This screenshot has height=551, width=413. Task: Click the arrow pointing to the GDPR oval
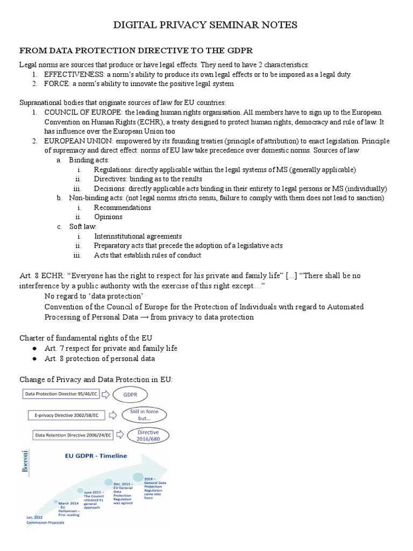tap(106, 394)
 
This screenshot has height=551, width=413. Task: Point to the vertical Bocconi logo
tap(24, 462)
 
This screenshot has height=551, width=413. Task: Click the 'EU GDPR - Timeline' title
tap(96, 456)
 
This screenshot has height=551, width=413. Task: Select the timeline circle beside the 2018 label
tap(138, 477)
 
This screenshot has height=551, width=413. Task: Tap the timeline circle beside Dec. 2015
tap(109, 482)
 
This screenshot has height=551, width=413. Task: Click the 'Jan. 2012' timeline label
tap(33, 517)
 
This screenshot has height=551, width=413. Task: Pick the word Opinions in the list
tap(108, 217)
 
